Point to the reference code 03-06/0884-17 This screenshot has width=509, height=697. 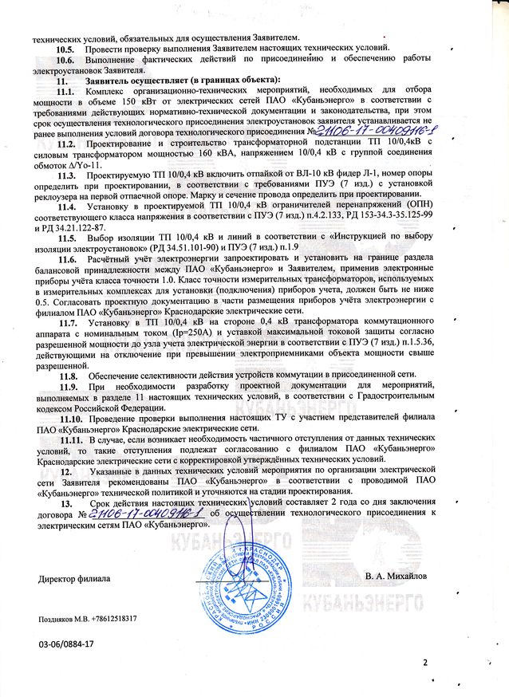pyautogui.click(x=66, y=643)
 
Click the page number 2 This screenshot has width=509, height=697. pyautogui.click(x=425, y=662)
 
